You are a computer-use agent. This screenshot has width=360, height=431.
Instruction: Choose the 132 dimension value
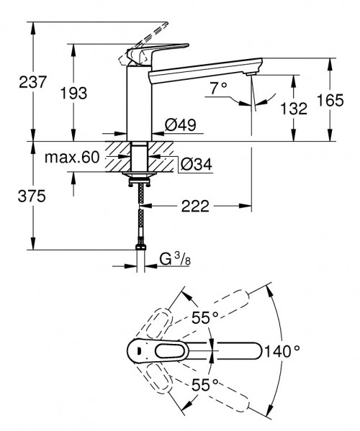[x=293, y=109]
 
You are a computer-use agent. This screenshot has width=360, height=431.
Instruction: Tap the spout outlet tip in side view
[x=250, y=73]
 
